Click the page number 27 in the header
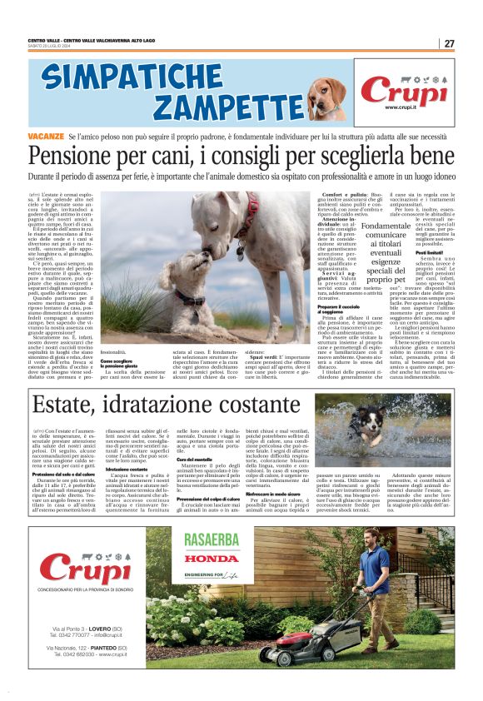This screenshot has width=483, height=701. point(449,43)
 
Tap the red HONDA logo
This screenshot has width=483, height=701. point(211,559)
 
